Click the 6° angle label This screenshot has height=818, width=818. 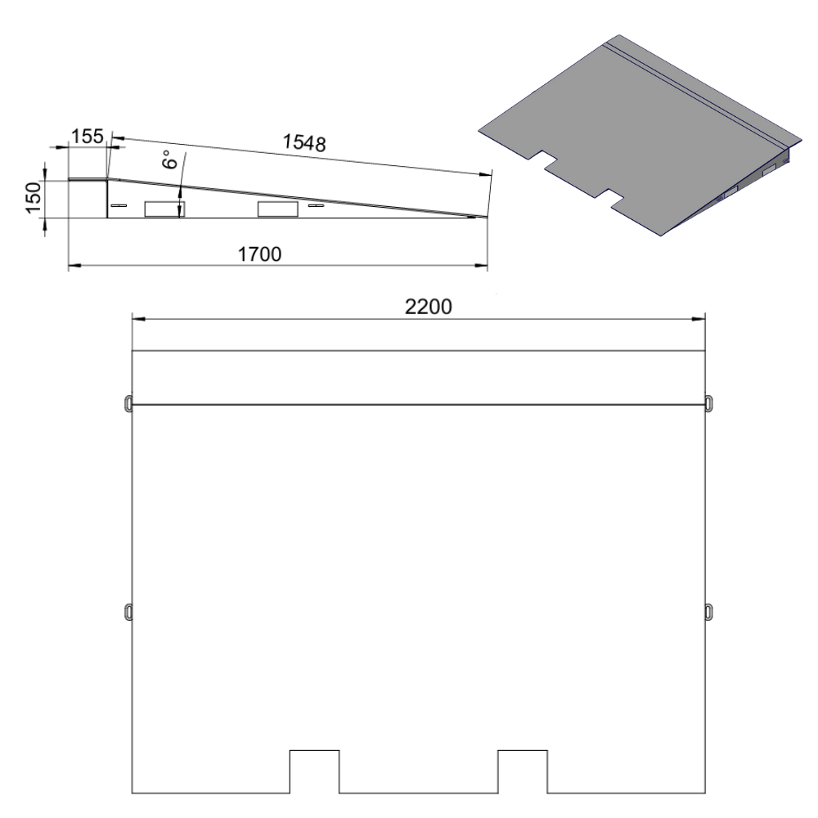tap(169, 160)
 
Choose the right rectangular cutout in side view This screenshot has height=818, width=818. tap(277, 209)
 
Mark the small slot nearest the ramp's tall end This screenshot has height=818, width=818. tap(119, 205)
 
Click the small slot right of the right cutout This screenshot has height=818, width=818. tap(316, 206)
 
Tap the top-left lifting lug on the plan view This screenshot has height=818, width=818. tap(128, 402)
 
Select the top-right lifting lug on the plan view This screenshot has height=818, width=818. tap(709, 402)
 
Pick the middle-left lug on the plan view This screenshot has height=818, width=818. tap(128, 611)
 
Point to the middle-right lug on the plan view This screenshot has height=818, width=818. tap(709, 611)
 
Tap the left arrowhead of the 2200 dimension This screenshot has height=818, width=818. tap(138, 319)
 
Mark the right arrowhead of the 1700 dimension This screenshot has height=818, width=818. tap(483, 265)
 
